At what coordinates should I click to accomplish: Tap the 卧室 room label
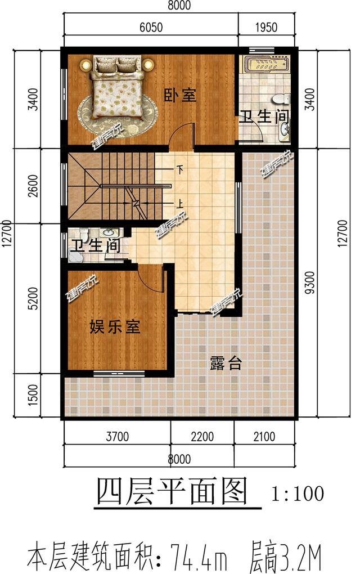pyautogui.click(x=180, y=96)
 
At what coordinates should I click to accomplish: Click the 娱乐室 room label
pyautogui.click(x=115, y=327)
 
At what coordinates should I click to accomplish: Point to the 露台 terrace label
pyautogui.click(x=226, y=364)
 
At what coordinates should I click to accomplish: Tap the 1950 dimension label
pyautogui.click(x=266, y=26)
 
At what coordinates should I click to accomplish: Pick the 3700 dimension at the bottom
pyautogui.click(x=117, y=437)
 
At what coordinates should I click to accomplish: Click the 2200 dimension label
pyautogui.click(x=202, y=437)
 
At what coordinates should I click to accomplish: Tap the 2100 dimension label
pyautogui.click(x=264, y=437)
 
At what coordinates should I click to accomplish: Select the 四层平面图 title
pyautogui.click(x=172, y=493)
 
